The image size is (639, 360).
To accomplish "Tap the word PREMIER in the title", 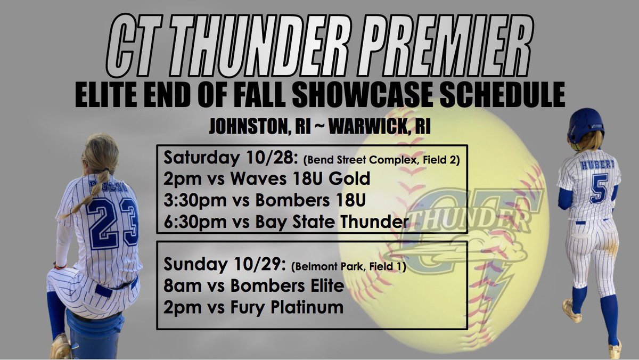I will [443, 50].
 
